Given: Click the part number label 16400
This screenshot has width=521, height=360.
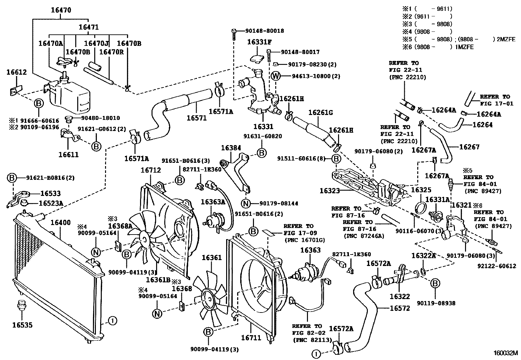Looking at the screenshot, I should [x=61, y=222].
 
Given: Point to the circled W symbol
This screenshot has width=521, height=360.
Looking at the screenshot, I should [x=276, y=76].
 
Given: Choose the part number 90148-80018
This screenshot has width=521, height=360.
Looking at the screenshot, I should [x=264, y=31].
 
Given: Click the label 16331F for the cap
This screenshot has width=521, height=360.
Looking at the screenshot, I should [x=259, y=42].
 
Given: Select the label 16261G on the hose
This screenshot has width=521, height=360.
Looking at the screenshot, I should [x=320, y=112].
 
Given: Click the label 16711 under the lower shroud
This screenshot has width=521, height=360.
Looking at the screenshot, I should [x=251, y=337].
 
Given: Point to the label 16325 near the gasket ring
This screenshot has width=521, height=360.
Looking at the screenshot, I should [x=421, y=190].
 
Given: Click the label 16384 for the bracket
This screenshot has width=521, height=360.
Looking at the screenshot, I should [x=231, y=148].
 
